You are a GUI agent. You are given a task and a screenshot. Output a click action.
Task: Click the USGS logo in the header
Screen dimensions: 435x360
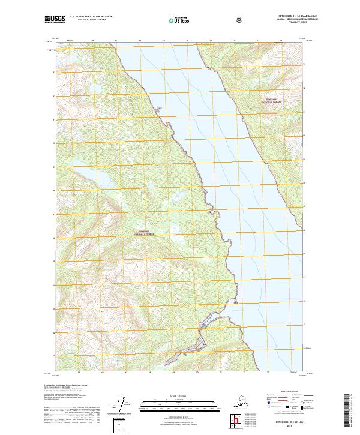[x=55, y=20]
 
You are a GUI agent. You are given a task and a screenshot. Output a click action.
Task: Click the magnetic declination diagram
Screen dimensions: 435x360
[x=125, y=406]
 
